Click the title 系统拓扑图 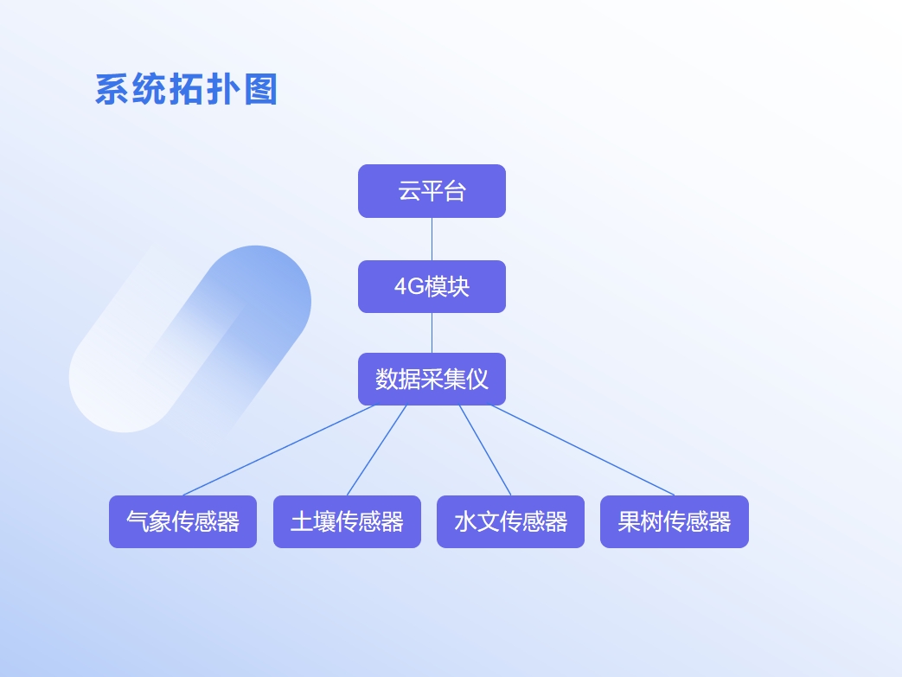pyautogui.click(x=187, y=89)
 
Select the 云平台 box pyautogui.click(x=432, y=191)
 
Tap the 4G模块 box pyautogui.click(x=432, y=286)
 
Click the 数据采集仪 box pyautogui.click(x=432, y=379)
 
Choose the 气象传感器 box pyautogui.click(x=183, y=521)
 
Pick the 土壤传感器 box pyautogui.click(x=347, y=521)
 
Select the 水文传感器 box pyautogui.click(x=511, y=521)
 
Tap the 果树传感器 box pyautogui.click(x=675, y=521)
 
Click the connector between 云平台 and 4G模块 pyautogui.click(x=432, y=240)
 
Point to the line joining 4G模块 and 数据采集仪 pyautogui.click(x=432, y=333)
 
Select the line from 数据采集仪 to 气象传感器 pyautogui.click(x=279, y=450)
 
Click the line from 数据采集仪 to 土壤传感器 pyautogui.click(x=377, y=450)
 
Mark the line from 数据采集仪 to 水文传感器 pyautogui.click(x=485, y=450)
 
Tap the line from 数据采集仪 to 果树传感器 pyautogui.click(x=583, y=450)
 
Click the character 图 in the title pyautogui.click(x=260, y=89)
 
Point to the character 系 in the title pyautogui.click(x=112, y=89)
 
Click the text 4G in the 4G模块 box pyautogui.click(x=409, y=286)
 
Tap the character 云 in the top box pyautogui.click(x=409, y=191)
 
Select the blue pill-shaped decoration pyautogui.click(x=190, y=339)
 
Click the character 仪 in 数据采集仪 pyautogui.click(x=477, y=379)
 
